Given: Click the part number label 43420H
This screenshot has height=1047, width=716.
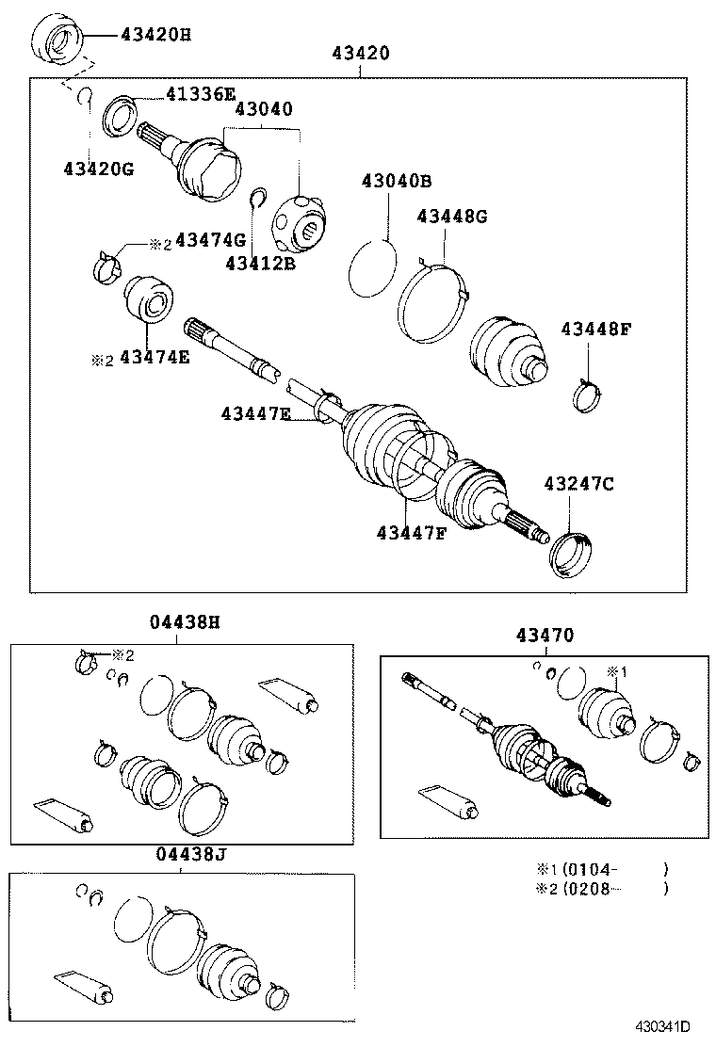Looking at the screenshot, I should pos(155,36).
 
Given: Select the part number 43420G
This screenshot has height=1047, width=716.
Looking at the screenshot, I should pos(99,169).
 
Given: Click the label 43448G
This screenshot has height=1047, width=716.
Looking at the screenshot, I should pos(452,217).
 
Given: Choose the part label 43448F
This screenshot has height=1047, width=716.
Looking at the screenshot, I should pos(594,330).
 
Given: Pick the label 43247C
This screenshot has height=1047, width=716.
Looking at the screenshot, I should pos(578,484).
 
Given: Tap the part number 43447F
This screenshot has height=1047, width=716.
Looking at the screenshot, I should pos(411,534).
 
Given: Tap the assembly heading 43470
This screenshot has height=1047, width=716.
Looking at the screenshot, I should pos(544,636).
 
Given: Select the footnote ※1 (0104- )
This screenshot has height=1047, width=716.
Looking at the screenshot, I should pos(601,869).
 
